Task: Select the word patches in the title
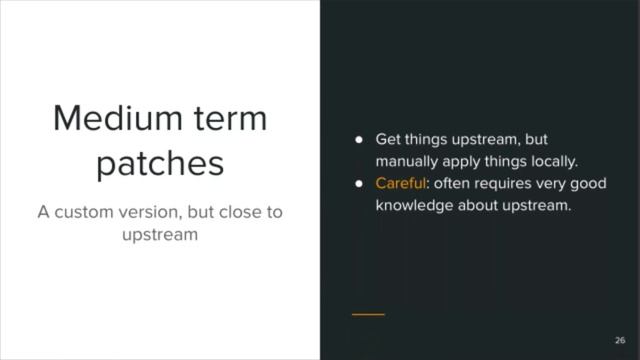[x=160, y=163]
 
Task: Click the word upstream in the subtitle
[x=160, y=235]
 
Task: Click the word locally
[x=550, y=161]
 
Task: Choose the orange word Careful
[x=399, y=184]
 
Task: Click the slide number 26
[x=620, y=339]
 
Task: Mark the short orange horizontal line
[x=368, y=314]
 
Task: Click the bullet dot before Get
[x=357, y=140]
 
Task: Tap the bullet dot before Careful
[x=357, y=184]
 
